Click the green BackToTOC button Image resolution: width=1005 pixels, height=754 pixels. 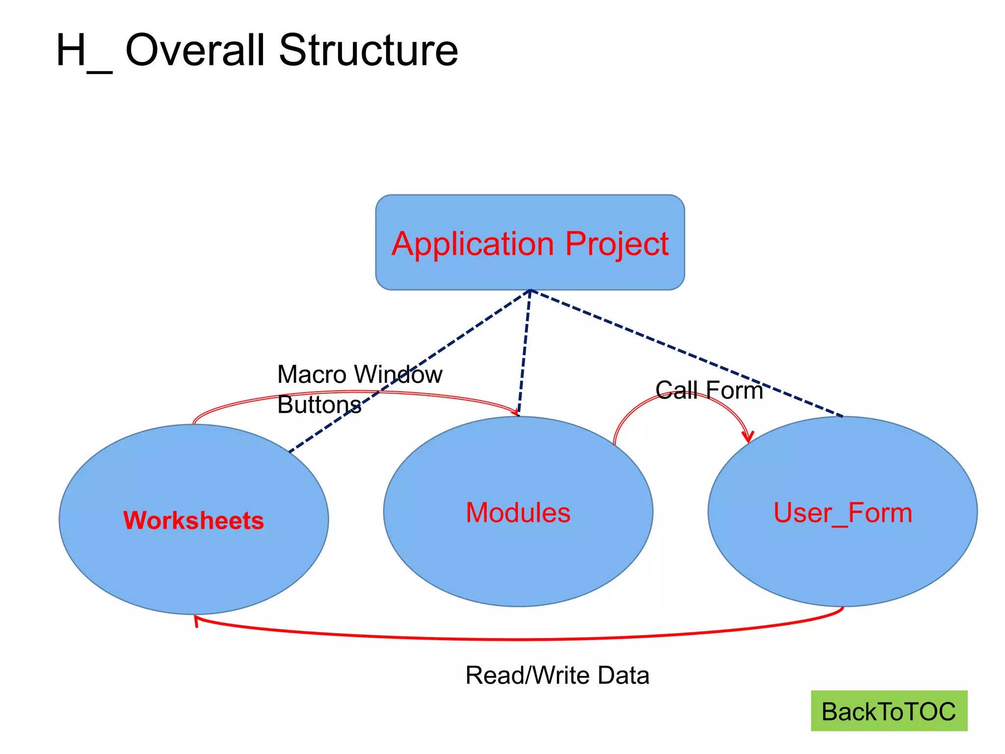pos(889,711)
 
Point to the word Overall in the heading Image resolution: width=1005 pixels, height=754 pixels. pos(195,50)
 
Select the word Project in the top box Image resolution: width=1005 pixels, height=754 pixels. pos(617,243)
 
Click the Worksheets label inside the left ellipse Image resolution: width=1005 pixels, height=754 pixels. pos(193,520)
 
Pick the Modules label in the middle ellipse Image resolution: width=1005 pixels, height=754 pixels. pos(518,512)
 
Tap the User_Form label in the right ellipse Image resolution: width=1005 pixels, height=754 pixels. pos(843,512)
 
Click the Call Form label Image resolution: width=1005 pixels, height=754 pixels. pos(709,390)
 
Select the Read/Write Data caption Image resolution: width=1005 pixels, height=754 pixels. pos(557,675)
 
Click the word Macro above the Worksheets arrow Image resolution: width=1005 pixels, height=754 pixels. pos(312,375)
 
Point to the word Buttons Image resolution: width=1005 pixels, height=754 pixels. pos(319,405)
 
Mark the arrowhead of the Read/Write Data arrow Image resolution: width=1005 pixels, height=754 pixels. pos(196,620)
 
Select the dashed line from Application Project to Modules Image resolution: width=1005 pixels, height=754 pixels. pos(524,353)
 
